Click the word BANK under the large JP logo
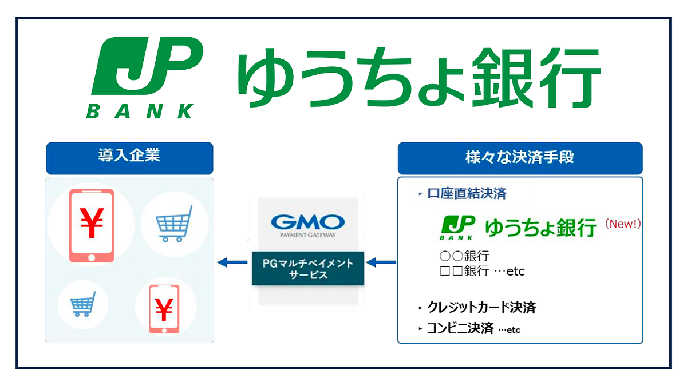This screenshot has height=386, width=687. point(140,111)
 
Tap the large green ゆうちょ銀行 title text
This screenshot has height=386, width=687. point(419,79)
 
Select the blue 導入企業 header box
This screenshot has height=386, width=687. point(129,158)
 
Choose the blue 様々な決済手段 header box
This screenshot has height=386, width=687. point(520,158)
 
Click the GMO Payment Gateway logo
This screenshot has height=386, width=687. point(307,224)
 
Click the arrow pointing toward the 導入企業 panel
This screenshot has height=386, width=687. point(231,262)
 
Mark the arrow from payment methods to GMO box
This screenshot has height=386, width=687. point(381,262)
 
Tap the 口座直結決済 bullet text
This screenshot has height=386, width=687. point(467,194)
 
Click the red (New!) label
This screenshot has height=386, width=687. point(621,224)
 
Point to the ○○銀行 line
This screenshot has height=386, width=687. point(464,256)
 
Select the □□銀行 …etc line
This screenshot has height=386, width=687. point(481,271)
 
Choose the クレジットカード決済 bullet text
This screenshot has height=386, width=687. point(481,308)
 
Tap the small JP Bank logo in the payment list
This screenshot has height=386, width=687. point(457,228)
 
